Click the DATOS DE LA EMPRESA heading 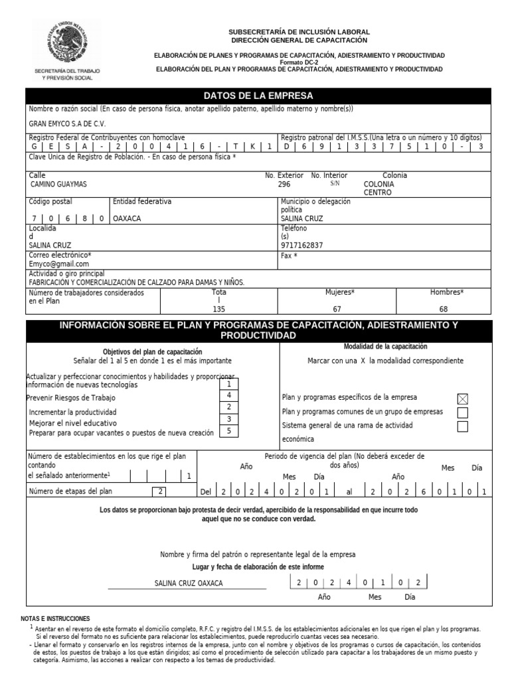(259, 96)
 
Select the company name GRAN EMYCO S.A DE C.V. (67, 124)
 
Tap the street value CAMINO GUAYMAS (58, 184)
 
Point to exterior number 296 (284, 184)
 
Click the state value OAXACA (127, 218)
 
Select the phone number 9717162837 (302, 245)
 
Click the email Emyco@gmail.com (59, 264)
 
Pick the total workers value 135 (218, 309)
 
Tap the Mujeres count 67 (337, 309)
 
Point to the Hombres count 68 (444, 309)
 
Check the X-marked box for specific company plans (463, 398)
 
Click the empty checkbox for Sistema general (463, 426)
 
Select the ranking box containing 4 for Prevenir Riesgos (228, 395)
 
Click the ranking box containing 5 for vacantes (228, 431)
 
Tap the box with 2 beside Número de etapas (160, 491)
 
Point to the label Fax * (289, 255)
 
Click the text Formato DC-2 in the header (299, 62)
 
